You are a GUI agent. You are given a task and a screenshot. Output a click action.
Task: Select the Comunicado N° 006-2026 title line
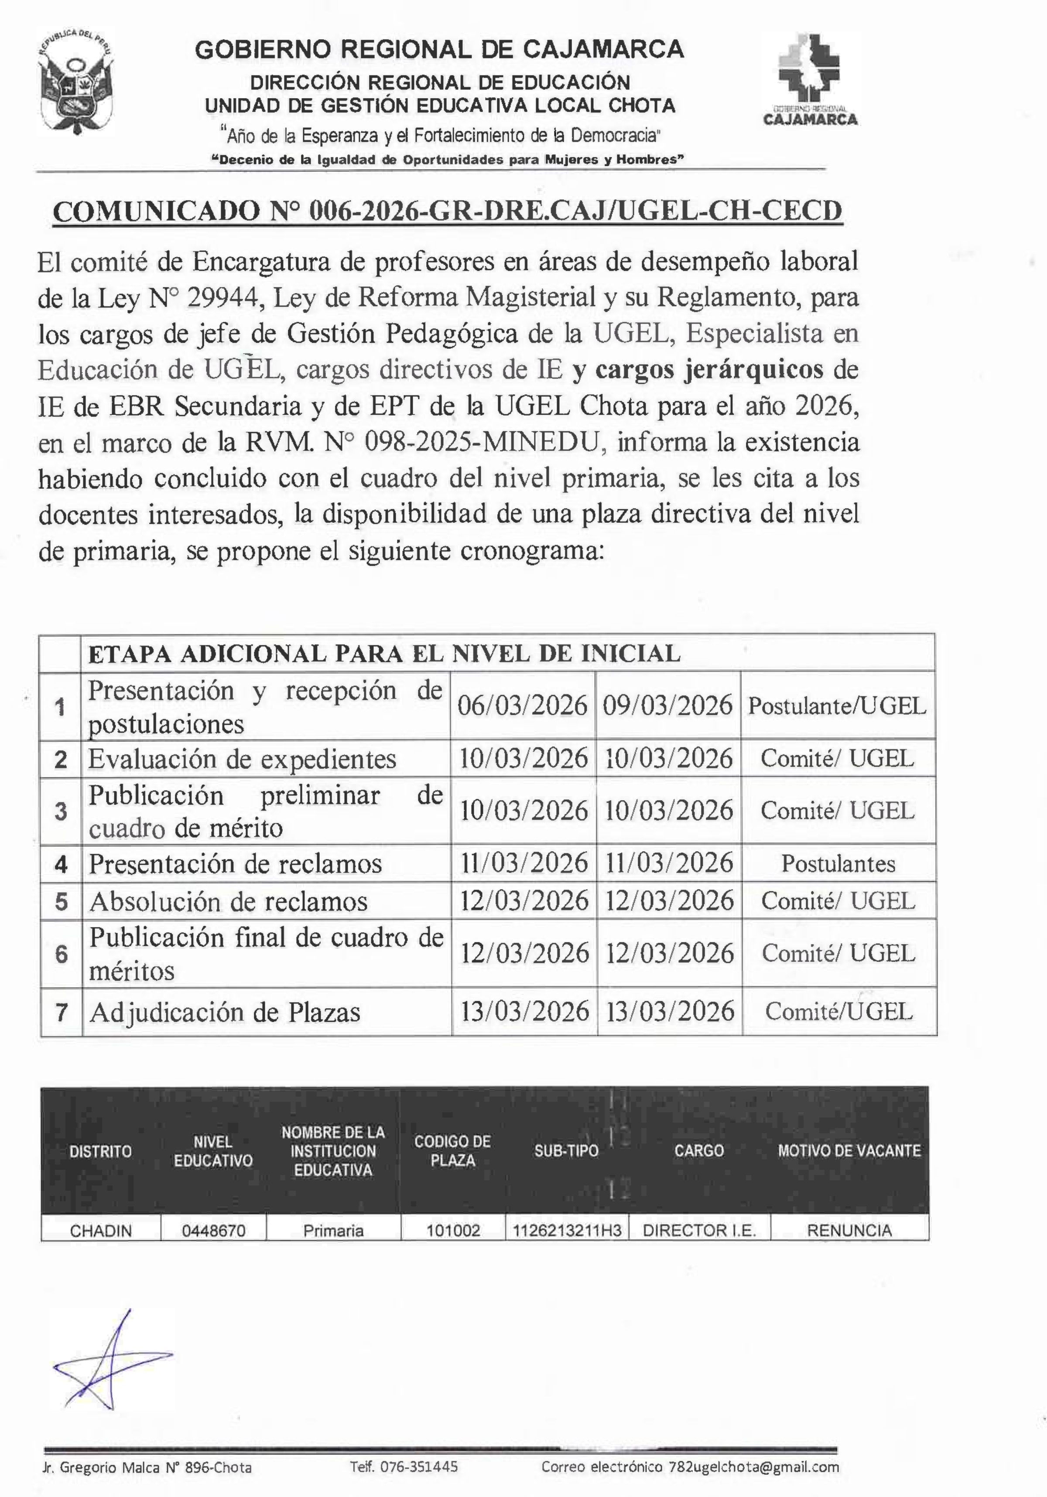coord(448,211)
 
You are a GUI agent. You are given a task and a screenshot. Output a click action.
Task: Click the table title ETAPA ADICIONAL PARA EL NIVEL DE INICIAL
coord(384,653)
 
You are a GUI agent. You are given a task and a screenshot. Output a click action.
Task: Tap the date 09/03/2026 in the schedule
coord(667,706)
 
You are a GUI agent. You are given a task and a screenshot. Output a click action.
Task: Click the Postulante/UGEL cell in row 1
coord(837,706)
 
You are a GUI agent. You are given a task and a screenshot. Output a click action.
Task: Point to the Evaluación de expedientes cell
coord(243,759)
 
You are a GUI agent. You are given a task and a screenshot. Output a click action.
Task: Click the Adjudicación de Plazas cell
coord(225,1012)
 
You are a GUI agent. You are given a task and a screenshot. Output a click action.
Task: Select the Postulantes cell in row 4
coord(838,864)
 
